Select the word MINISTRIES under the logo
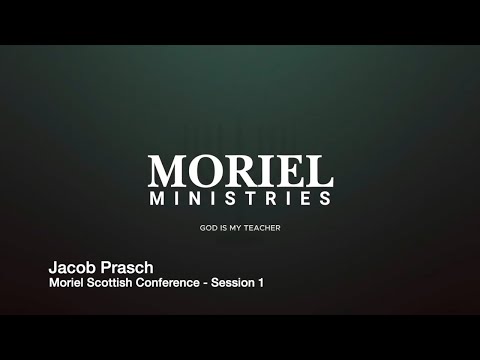click(x=239, y=199)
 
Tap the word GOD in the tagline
click(x=208, y=228)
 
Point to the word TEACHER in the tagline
click(x=262, y=228)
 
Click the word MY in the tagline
click(x=235, y=228)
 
